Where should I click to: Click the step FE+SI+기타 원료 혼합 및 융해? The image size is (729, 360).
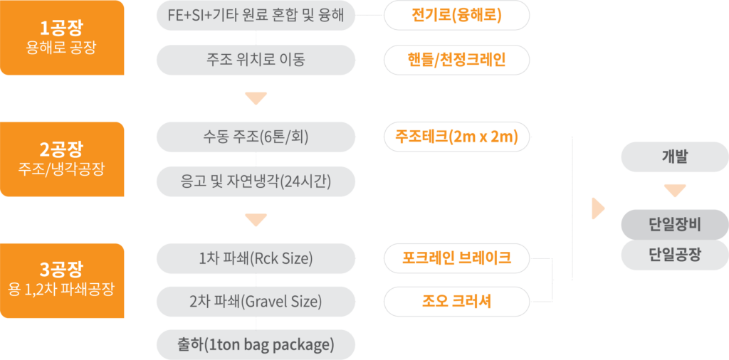(256, 16)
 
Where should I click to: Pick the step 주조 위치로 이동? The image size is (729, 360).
(256, 60)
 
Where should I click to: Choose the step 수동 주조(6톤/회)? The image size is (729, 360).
(256, 137)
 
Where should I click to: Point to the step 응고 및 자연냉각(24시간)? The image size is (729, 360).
(256, 181)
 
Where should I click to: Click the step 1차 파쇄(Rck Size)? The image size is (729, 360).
(256, 258)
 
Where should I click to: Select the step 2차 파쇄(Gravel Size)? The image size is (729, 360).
(256, 302)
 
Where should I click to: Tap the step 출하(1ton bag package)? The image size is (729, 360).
(256, 345)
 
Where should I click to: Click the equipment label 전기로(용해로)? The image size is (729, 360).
(456, 16)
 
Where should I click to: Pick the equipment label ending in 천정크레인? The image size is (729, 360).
(456, 60)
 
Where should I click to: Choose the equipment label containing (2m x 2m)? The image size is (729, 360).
(456, 137)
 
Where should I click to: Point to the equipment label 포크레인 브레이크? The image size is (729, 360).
(456, 258)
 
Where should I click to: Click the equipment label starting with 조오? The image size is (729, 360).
(456, 302)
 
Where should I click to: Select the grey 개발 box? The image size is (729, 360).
(674, 157)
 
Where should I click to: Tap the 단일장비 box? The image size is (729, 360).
(674, 226)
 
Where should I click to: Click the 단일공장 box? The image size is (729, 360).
(674, 255)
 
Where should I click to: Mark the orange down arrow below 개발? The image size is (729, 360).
(674, 191)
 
